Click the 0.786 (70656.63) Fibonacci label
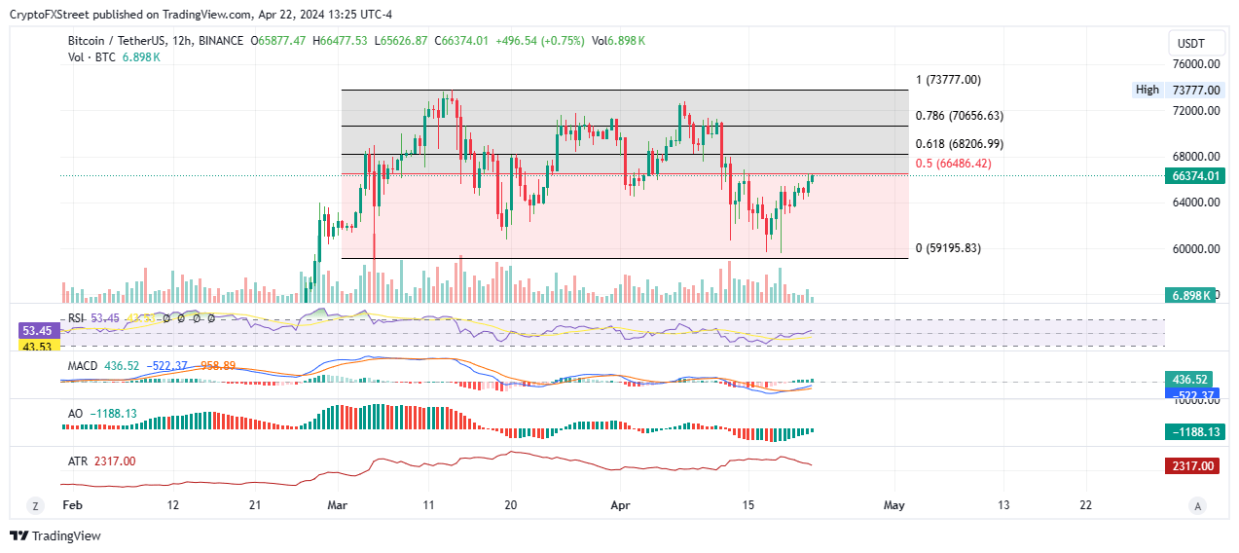pos(960,116)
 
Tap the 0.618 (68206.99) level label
pos(960,144)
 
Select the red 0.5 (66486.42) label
pos(953,164)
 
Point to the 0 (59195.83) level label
pos(948,248)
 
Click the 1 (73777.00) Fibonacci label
pos(948,80)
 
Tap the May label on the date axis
pos(894,505)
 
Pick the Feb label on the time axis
pos(71,505)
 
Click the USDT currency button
pos(1191,44)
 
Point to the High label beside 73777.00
pos(1148,90)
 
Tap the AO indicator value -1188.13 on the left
pos(114,414)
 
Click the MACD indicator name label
pos(82,365)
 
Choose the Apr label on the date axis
pos(620,505)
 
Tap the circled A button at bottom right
pos(1198,505)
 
